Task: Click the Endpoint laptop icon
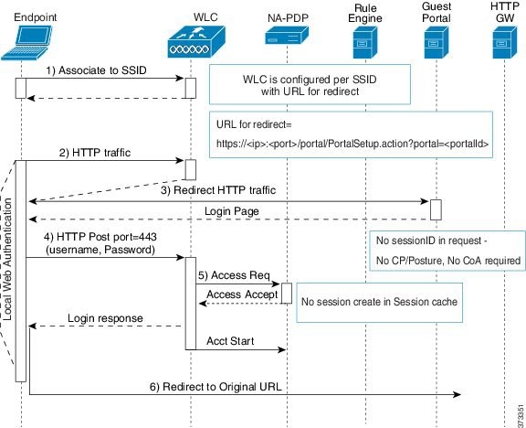click(26, 43)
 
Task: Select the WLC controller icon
click(196, 42)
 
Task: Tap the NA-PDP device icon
click(287, 36)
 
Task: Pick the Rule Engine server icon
click(365, 43)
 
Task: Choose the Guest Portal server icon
click(437, 43)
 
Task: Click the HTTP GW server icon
click(504, 43)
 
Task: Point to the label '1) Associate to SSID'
click(96, 70)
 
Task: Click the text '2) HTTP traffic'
click(95, 153)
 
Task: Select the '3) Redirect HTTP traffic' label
click(218, 190)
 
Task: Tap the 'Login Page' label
click(232, 211)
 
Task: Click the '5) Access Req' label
click(234, 275)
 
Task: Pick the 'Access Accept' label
click(242, 294)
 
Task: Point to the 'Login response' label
click(105, 318)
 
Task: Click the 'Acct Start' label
click(230, 341)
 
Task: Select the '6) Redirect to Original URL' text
click(216, 387)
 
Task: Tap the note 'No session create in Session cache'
click(379, 302)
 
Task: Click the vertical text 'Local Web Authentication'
click(6, 259)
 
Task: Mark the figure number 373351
click(521, 415)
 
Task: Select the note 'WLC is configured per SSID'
click(310, 80)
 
